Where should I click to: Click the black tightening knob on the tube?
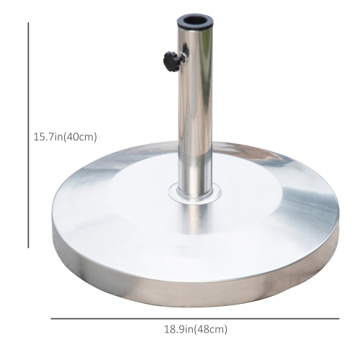tap(170, 60)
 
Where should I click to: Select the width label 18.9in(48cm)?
tap(194, 329)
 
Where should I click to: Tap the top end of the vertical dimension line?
tap(29, 22)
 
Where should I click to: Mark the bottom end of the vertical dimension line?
tap(29, 248)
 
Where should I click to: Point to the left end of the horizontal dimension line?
tap(51, 318)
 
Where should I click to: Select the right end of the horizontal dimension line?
tap(338, 318)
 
